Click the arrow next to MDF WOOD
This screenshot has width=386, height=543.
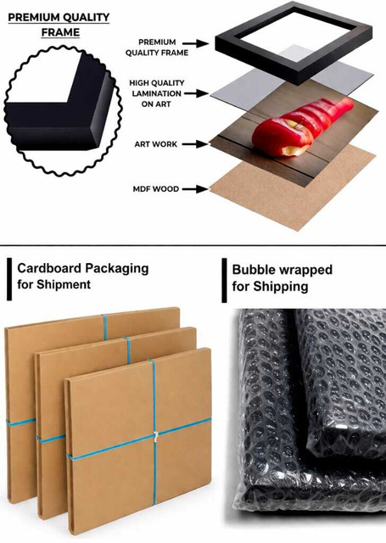pos(195,189)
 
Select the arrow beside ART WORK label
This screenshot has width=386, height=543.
pos(195,144)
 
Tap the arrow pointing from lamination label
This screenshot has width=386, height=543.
pos(196,93)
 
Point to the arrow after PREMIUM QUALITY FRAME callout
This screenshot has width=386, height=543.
pos(196,43)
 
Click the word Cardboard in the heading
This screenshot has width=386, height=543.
pos(50,268)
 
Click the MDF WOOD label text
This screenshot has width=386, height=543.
pos(156,189)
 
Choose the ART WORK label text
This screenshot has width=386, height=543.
pos(156,144)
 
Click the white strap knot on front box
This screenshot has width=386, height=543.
pos(155,434)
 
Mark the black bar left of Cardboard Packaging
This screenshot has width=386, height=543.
pos(9,279)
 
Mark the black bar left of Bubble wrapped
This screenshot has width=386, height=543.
pos(224,280)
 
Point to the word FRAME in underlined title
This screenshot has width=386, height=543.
pos(60,32)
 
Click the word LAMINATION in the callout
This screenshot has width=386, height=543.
pos(156,93)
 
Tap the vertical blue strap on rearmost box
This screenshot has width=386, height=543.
pos(105,327)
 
